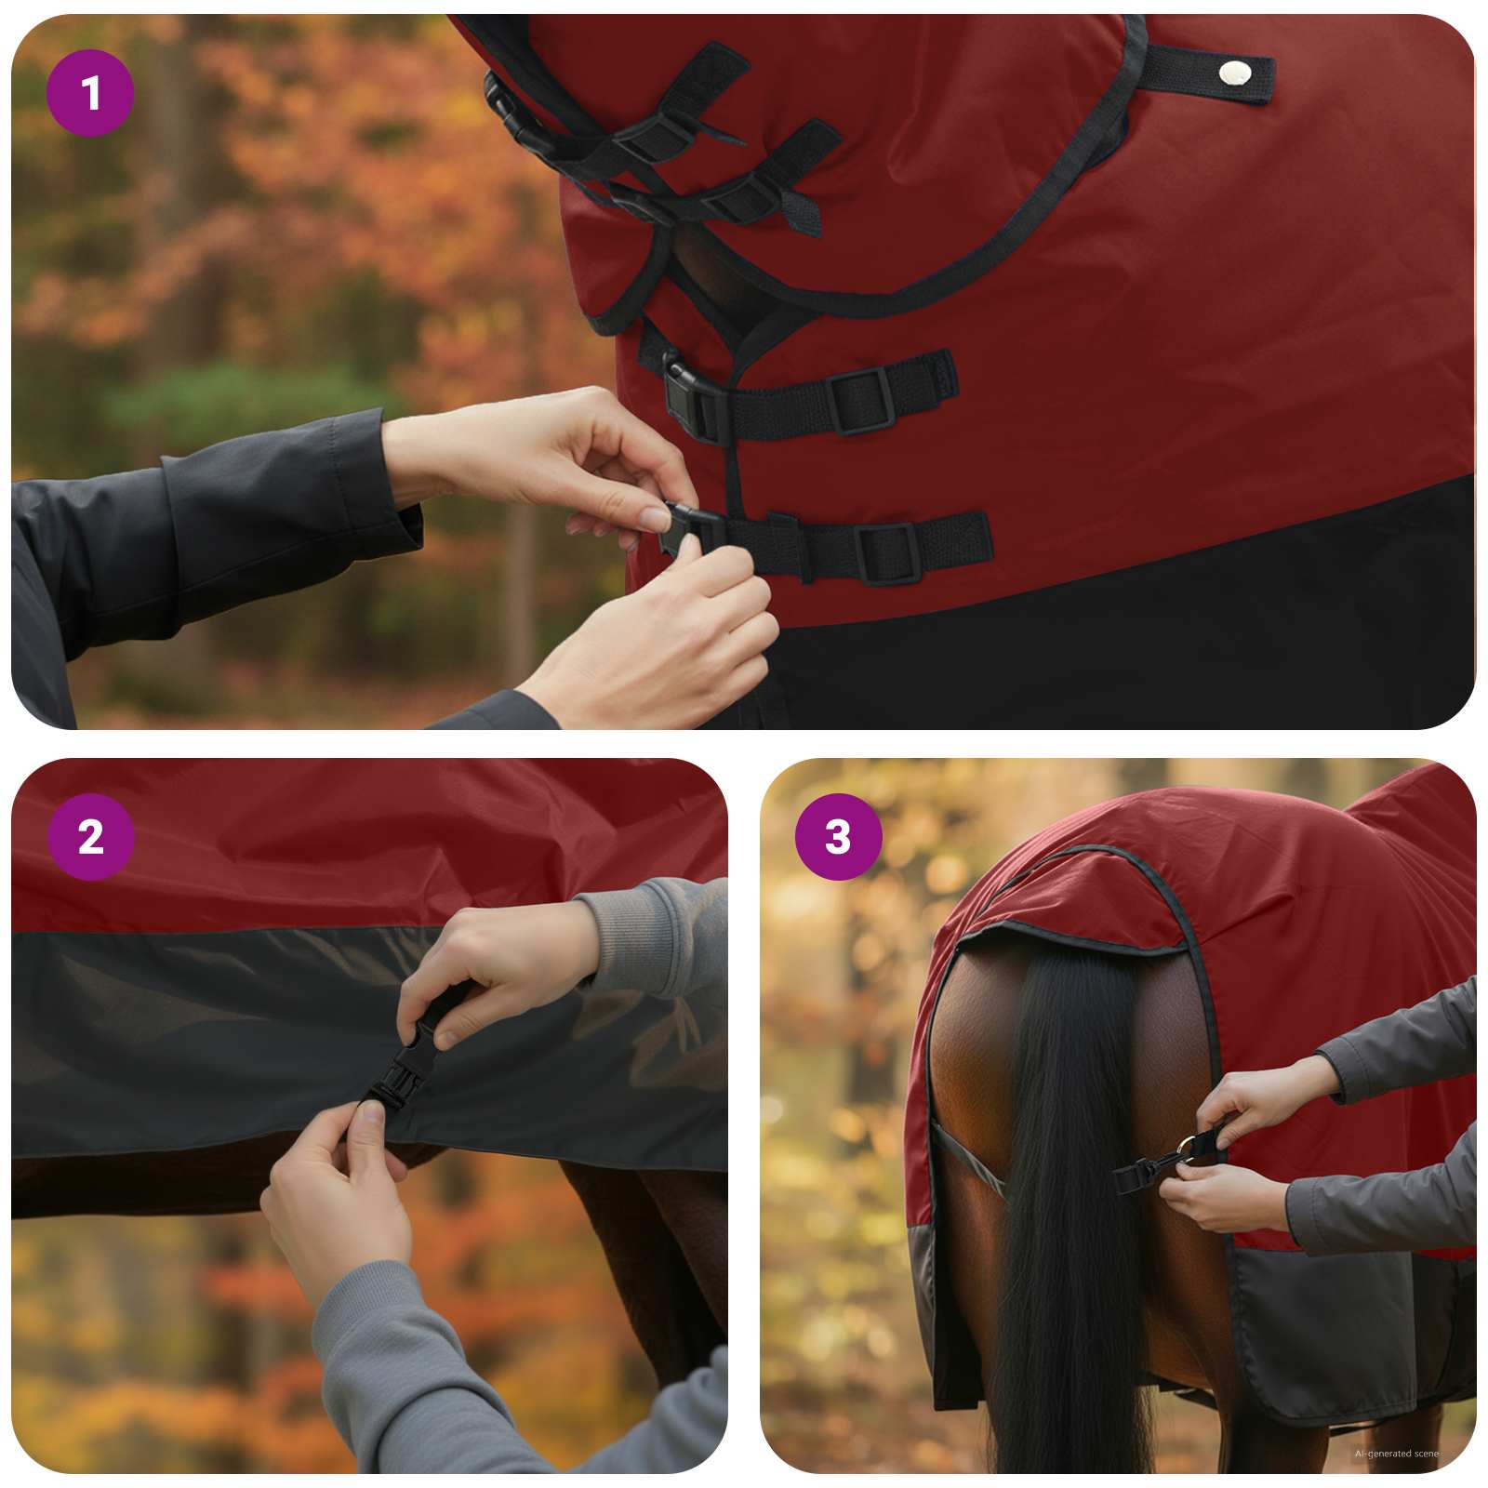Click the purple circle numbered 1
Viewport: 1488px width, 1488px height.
click(90, 93)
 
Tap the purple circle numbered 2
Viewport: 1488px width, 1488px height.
click(90, 837)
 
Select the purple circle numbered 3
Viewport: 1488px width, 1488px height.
click(838, 837)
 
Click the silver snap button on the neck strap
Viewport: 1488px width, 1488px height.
click(1236, 72)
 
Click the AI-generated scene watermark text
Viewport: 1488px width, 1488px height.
click(1396, 1453)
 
